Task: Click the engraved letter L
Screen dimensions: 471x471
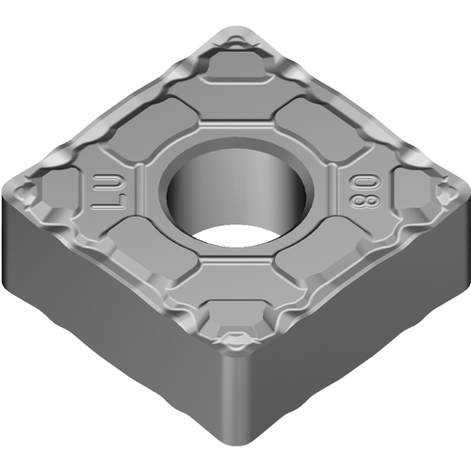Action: click(109, 202)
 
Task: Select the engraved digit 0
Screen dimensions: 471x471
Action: click(365, 181)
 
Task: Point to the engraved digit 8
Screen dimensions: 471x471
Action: click(365, 201)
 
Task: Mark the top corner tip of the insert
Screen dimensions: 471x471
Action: click(236, 28)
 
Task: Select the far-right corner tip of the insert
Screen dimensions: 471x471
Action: click(468, 191)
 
